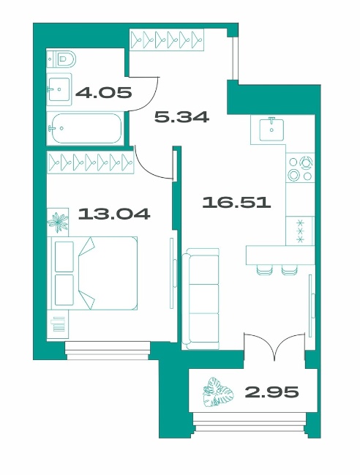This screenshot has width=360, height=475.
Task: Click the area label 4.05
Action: pyautogui.click(x=104, y=92)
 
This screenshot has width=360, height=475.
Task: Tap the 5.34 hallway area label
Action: pyautogui.click(x=181, y=116)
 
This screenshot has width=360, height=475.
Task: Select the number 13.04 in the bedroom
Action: pyautogui.click(x=114, y=214)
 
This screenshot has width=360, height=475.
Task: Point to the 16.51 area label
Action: pyautogui.click(x=236, y=202)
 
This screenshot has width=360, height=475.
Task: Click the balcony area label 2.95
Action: pyautogui.click(x=271, y=392)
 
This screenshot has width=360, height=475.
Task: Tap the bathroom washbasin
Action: pyautogui.click(x=59, y=89)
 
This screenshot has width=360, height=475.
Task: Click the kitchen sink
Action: pyautogui.click(x=271, y=130)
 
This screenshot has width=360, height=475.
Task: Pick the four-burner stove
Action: pyautogui.click(x=300, y=170)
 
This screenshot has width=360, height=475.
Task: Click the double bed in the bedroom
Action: pyautogui.click(x=94, y=273)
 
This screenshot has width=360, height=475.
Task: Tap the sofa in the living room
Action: pyautogui.click(x=200, y=299)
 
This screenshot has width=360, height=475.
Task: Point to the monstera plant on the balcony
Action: pyautogui.click(x=218, y=392)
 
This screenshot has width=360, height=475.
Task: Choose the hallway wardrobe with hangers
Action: pyautogui.click(x=167, y=40)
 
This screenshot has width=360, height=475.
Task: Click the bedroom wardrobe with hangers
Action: pyautogui.click(x=90, y=162)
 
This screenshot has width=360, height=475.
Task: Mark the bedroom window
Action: pyautogui.click(x=108, y=351)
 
